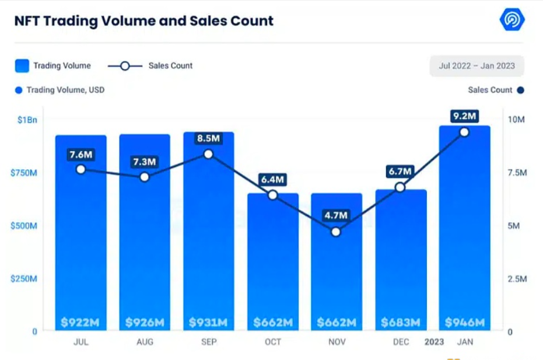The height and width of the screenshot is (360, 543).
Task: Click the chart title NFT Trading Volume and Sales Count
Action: pos(143,22)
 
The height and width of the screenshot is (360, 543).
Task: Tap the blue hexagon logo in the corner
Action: pos(512,20)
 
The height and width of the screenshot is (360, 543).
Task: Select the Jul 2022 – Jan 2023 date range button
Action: pos(477,66)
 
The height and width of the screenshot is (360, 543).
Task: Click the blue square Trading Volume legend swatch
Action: pos(22,65)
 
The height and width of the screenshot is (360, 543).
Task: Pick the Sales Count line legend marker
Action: pos(124,66)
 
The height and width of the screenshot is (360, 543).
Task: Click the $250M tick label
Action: pos(23,279)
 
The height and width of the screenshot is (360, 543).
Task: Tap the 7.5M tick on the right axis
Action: pos(516,173)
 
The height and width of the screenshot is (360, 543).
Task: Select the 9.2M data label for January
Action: pos(464,116)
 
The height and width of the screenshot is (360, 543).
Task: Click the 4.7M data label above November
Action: pos(336,215)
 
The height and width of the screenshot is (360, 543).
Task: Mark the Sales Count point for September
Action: pos(208,154)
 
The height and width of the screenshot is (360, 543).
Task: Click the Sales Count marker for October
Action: pos(272,195)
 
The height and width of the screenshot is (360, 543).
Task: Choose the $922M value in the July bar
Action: pos(80,322)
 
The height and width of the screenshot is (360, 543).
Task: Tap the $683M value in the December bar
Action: pos(401,322)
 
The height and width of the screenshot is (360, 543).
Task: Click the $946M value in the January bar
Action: pos(465,322)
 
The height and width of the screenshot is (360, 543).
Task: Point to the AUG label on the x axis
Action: pos(145,342)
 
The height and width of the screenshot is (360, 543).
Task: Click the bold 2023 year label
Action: pos(435,342)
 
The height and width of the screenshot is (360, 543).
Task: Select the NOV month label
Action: pos(337,342)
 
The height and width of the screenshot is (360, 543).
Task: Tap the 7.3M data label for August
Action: pos(145,162)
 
